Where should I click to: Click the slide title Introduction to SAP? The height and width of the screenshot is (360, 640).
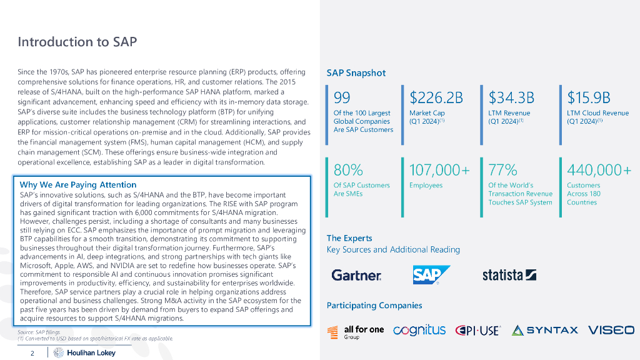point(77,42)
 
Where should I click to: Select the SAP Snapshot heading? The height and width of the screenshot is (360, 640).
point(356,73)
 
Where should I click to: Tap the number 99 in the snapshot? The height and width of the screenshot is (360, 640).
point(342,97)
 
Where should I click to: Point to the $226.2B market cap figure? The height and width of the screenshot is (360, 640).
point(436,97)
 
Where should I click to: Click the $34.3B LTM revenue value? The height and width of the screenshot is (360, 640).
point(511,97)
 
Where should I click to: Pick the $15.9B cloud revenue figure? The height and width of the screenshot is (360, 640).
point(589,97)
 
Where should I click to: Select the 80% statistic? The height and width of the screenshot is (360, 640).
point(348,170)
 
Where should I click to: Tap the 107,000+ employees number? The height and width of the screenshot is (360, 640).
point(439,170)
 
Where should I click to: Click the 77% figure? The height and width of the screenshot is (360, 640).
point(502,170)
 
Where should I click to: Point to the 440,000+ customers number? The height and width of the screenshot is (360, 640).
point(599,170)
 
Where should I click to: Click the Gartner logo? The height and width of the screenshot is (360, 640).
point(356,275)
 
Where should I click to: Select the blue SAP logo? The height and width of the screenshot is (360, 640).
point(431,275)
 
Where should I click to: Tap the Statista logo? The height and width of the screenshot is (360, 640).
point(509,275)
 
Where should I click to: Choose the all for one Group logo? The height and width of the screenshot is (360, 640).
point(356,331)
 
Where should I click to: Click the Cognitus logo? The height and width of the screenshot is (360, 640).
point(419,330)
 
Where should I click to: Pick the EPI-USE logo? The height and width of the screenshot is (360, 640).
point(478,330)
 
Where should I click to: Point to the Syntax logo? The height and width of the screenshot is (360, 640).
point(544,330)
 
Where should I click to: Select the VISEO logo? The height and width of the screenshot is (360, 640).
point(611,330)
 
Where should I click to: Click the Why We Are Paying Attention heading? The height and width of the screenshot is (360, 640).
point(78,184)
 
